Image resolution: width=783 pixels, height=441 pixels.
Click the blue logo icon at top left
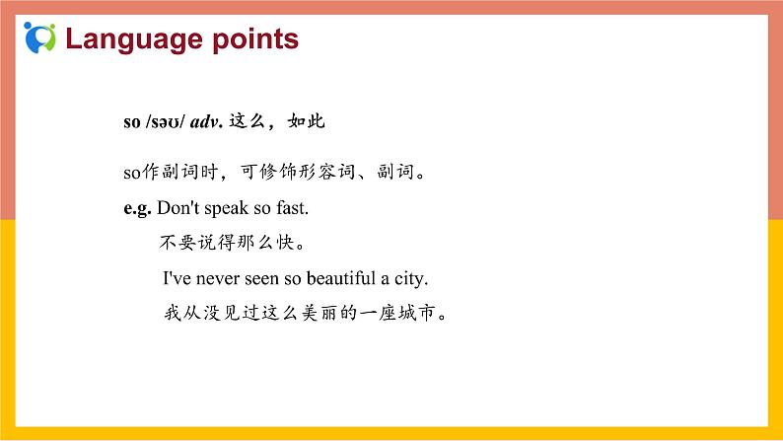click(39, 38)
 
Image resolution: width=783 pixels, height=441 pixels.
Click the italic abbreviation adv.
click(207, 122)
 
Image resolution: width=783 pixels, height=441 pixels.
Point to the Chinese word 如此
click(307, 122)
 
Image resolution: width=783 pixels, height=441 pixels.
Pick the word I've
click(178, 279)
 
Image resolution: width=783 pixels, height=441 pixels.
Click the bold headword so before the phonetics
click(132, 122)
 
